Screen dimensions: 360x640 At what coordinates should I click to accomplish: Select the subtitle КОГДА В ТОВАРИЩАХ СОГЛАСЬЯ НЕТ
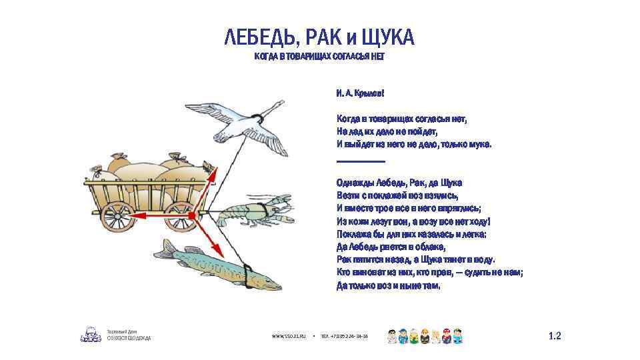click(x=319, y=57)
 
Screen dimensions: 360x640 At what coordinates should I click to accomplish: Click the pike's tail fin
click(x=163, y=249)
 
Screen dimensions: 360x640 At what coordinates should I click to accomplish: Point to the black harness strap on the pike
click(x=247, y=274)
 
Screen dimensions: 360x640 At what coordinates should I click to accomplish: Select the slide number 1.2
click(x=555, y=337)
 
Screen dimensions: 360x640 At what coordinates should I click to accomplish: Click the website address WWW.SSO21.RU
click(x=288, y=337)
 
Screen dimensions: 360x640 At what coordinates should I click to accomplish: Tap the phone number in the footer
click(x=345, y=337)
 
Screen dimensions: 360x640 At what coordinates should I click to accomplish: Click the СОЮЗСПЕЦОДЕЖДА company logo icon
click(x=91, y=334)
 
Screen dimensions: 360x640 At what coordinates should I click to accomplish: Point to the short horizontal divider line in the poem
click(x=361, y=161)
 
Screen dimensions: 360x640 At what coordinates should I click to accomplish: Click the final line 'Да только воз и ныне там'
click(x=389, y=285)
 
